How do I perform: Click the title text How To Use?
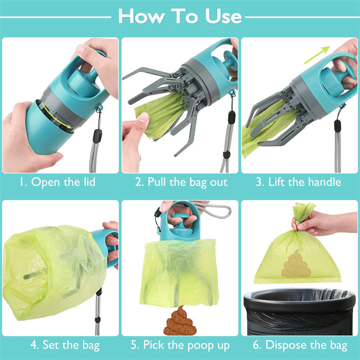click(180, 17)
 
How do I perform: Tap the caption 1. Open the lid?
click(57, 182)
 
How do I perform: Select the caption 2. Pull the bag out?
click(181, 182)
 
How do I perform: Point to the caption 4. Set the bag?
click(65, 346)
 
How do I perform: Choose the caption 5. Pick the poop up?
click(180, 346)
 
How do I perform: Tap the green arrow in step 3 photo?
click(318, 55)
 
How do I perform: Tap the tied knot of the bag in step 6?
click(304, 211)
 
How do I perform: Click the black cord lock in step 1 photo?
click(97, 135)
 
